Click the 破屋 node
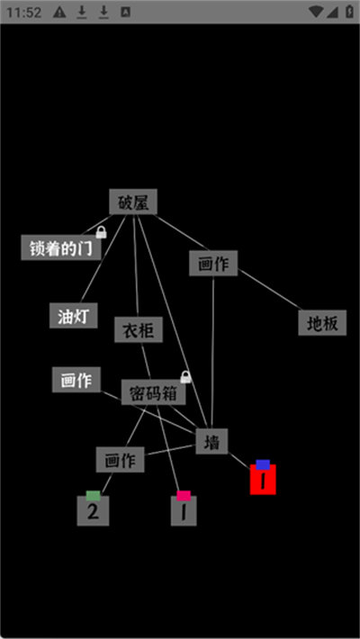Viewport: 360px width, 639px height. pos(133,202)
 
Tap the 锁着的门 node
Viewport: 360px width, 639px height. pos(60,247)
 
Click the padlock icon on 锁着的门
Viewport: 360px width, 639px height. pos(101,233)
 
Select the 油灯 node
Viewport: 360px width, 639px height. pos(74,315)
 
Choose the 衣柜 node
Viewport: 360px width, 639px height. pos(139,329)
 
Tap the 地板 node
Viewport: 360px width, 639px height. pos(322,323)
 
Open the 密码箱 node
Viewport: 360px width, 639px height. pos(153,392)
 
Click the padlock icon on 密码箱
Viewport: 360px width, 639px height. pos(185,377)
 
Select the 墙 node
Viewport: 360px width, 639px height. pos(211,441)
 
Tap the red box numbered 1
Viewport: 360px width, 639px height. pos(263,480)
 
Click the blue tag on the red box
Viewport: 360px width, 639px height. pos(263,464)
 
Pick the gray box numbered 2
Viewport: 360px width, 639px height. pos(93,511)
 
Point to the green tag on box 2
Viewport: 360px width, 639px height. pos(93,496)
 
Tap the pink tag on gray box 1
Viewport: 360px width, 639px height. pos(184,496)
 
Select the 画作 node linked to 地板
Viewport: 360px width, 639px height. pos(213,264)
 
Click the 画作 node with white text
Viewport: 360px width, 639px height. pos(76,380)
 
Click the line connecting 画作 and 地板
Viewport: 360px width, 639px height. pos(269,289)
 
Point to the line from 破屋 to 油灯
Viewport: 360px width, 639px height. pos(103,259)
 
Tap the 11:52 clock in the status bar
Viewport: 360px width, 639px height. pos(23,13)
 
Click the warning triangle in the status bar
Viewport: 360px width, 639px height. pos(59,13)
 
